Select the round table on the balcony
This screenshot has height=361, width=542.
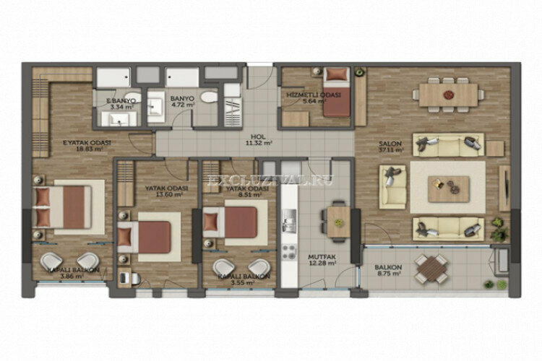point(433,268)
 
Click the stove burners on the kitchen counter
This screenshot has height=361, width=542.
point(290,252)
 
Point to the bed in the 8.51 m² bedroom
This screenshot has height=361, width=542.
point(236,222)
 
